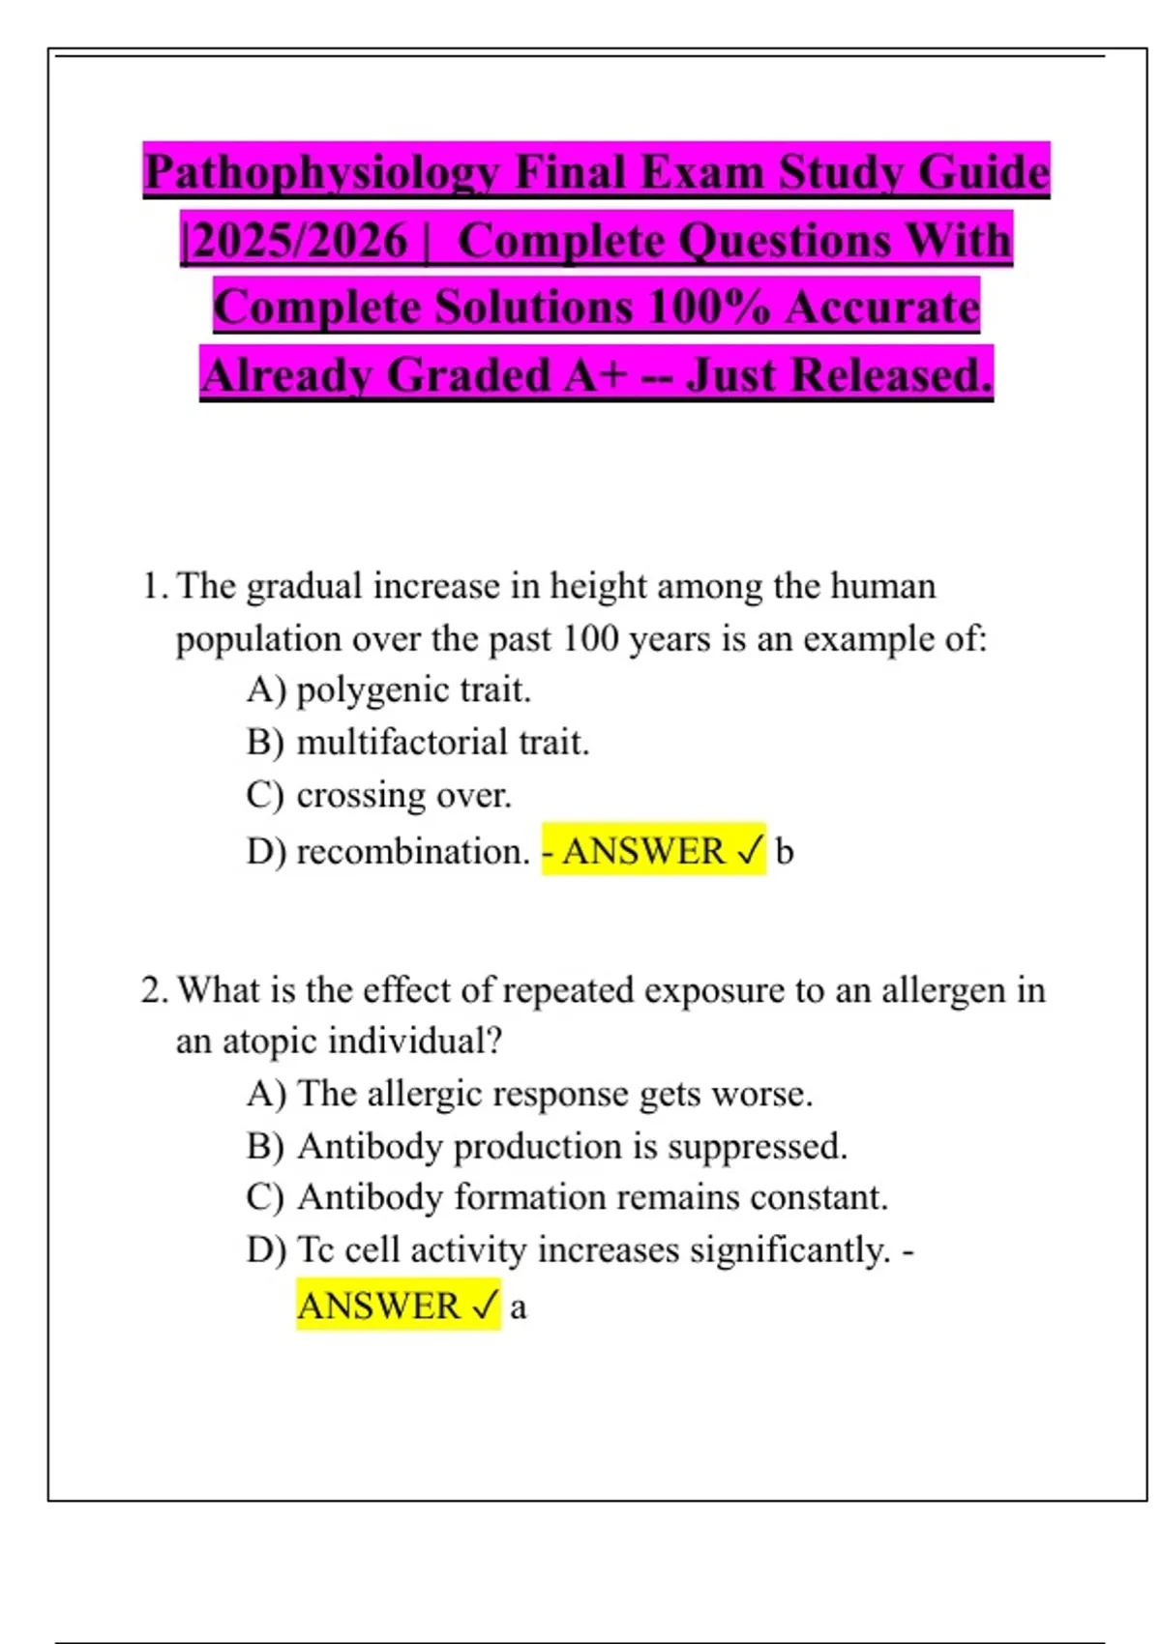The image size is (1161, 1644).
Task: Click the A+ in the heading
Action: pos(594,375)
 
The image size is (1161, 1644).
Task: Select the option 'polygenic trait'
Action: pos(413,690)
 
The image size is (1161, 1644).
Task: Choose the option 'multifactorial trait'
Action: pos(442,743)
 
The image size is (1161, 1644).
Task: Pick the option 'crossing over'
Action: pos(403,795)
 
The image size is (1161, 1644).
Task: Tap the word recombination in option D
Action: pos(412,851)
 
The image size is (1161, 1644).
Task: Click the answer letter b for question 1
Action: pos(785,851)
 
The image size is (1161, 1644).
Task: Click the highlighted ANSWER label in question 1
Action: pos(643,851)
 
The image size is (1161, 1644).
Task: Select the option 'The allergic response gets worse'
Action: pos(554,1094)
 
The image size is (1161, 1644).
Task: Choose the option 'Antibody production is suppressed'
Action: pos(572,1146)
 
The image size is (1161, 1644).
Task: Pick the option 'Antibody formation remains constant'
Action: pos(592,1197)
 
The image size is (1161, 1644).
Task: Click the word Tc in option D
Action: pos(315,1249)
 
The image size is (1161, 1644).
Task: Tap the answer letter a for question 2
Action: pos(518,1306)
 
